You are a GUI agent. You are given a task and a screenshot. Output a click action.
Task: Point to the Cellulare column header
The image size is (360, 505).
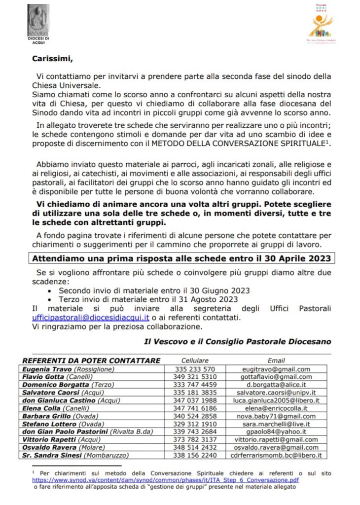[195, 361]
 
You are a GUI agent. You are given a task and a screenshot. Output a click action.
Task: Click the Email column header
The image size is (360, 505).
[276, 361]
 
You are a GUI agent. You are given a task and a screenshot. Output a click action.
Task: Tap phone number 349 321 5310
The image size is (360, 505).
[195, 377]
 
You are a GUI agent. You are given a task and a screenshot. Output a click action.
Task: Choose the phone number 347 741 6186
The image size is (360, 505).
[195, 408]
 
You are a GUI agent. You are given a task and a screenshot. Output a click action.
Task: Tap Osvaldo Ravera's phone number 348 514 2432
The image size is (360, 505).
[195, 447]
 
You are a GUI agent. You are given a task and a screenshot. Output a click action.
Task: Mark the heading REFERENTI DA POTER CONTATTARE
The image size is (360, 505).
[90, 361]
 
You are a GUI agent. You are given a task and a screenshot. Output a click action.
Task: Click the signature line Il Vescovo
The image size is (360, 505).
[237, 341]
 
